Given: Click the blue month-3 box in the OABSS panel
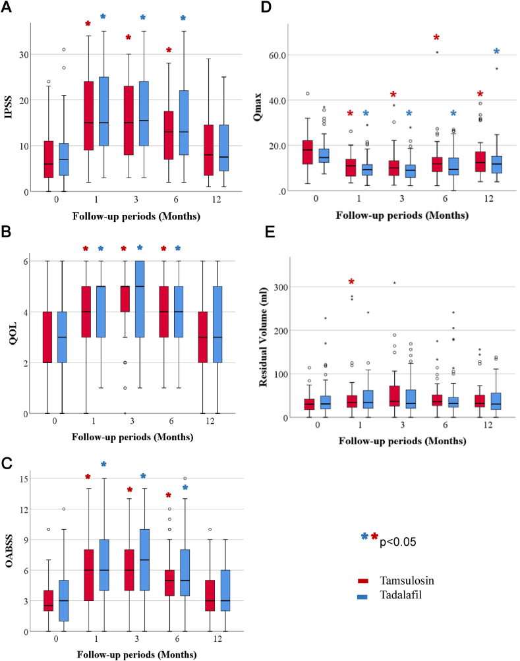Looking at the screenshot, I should pyautogui.click(x=143, y=558).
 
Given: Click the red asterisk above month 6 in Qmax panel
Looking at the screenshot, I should pyautogui.click(x=436, y=38).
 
